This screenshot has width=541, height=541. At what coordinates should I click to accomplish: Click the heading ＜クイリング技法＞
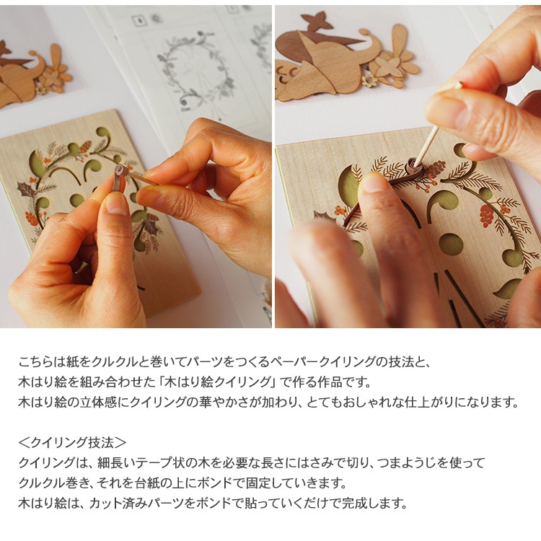click(x=72, y=442)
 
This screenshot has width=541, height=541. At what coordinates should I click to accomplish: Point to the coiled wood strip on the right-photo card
click(x=412, y=167)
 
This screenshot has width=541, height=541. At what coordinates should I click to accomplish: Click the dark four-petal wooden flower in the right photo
click(x=317, y=22)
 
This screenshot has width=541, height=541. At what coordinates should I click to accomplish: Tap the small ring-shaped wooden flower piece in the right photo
click(x=370, y=81)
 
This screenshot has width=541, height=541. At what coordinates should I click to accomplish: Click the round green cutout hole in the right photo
click(x=451, y=245)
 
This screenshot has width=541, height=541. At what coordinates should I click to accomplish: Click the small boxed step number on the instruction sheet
click(x=139, y=20)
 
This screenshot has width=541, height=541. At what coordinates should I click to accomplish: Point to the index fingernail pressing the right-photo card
click(x=374, y=183)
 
